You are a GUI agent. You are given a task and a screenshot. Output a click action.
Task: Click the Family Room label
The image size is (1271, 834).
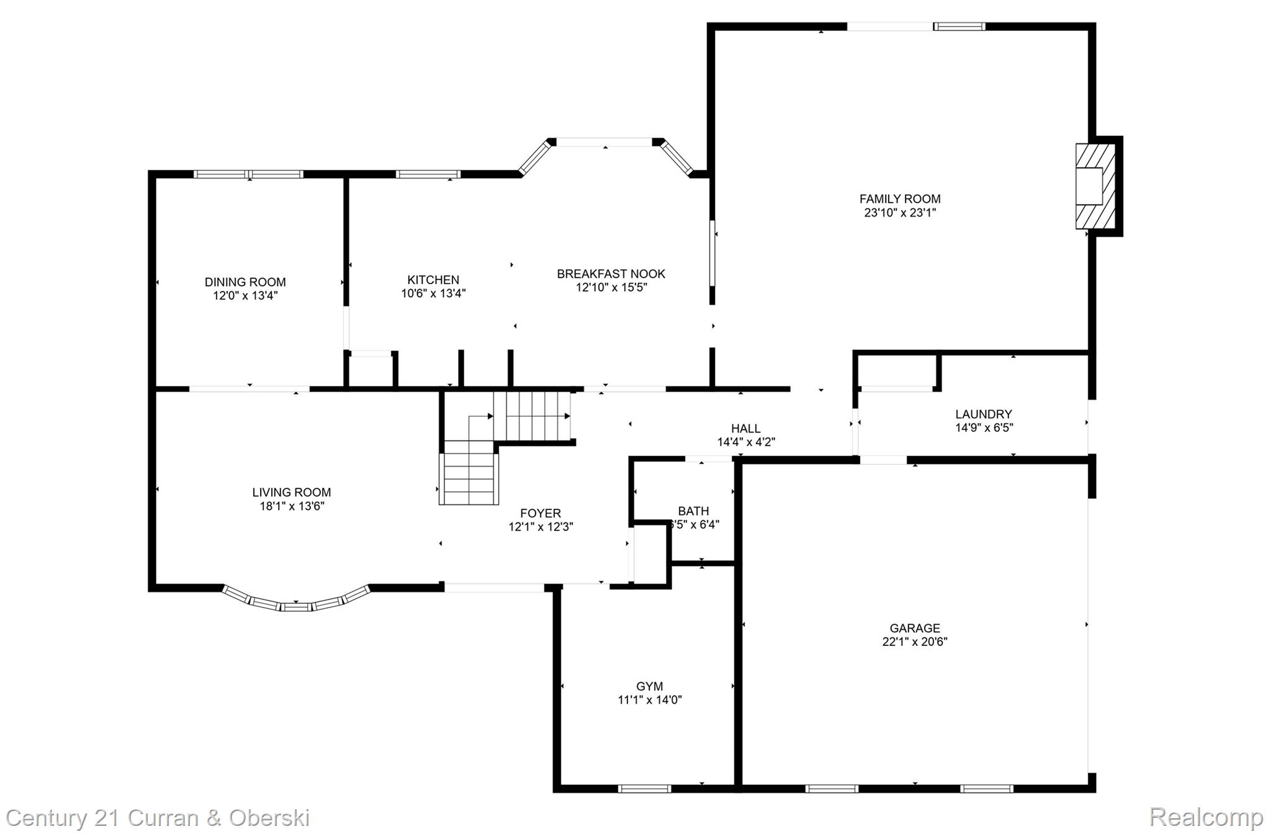pyautogui.click(x=899, y=199)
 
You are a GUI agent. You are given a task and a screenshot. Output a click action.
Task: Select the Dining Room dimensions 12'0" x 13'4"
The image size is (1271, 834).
pyautogui.click(x=245, y=296)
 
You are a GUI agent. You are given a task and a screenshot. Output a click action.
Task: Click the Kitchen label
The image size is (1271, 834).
pyautogui.click(x=433, y=280)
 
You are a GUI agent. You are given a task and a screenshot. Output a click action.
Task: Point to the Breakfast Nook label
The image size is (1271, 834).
pyautogui.click(x=611, y=274)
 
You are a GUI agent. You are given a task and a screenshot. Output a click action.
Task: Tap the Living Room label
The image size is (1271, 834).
pyautogui.click(x=291, y=492)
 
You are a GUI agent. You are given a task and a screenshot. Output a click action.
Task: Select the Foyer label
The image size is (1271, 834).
pyautogui.click(x=540, y=513)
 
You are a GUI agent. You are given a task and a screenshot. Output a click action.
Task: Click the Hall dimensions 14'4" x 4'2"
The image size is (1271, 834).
pyautogui.click(x=746, y=442)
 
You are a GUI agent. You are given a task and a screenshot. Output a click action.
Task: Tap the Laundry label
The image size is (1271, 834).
pyautogui.click(x=983, y=414)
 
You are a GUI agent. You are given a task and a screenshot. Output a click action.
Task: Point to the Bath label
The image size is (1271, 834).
pyautogui.click(x=693, y=511)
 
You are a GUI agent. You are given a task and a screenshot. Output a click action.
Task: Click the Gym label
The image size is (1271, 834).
pyautogui.click(x=649, y=686)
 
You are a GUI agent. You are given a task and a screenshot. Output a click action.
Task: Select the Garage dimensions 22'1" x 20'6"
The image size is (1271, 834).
pyautogui.click(x=914, y=642)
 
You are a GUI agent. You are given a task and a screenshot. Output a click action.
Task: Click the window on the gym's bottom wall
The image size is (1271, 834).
pyautogui.click(x=644, y=789)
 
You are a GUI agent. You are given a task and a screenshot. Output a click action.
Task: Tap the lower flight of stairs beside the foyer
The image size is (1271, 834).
pyautogui.click(x=469, y=478)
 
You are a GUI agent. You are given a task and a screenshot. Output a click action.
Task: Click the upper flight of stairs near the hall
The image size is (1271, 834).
pyautogui.click(x=537, y=415)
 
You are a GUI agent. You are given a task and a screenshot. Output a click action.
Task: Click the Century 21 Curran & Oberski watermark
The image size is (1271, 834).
pyautogui.click(x=158, y=817)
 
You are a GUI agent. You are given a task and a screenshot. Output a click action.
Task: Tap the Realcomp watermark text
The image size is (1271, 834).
pyautogui.click(x=1206, y=817)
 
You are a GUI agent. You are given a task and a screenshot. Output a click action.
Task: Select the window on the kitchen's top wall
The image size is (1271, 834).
pyautogui.click(x=428, y=174)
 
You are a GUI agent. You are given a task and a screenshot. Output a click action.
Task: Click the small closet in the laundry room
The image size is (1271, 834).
pyautogui.click(x=896, y=372)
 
